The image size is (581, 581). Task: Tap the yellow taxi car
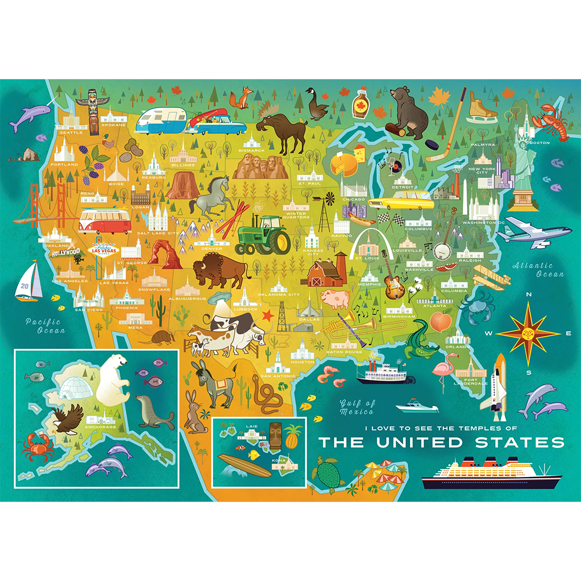406,202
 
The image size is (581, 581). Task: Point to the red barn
324,274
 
